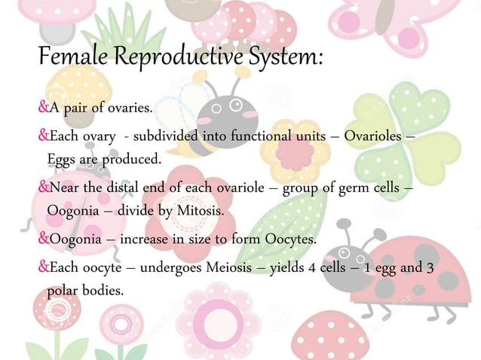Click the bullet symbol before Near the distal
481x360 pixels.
point(43,188)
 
